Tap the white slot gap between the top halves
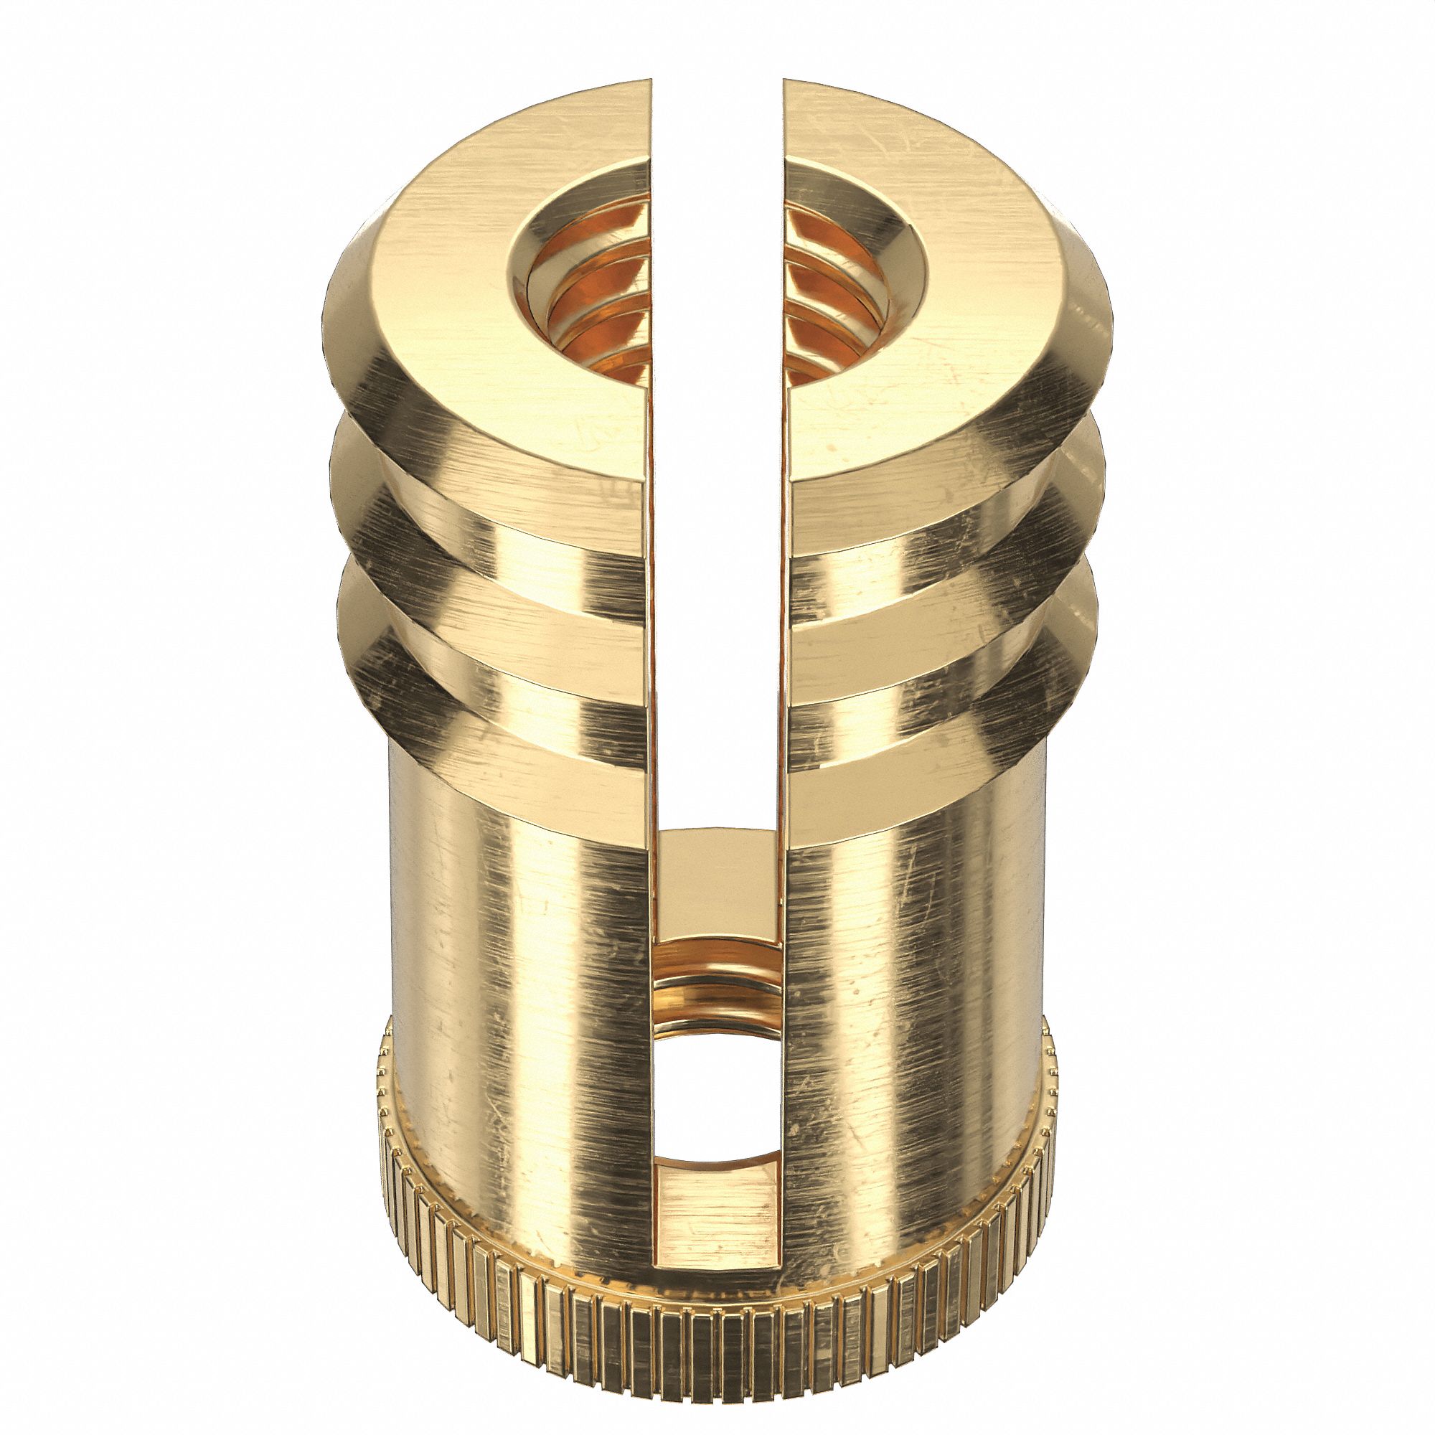[717, 372]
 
